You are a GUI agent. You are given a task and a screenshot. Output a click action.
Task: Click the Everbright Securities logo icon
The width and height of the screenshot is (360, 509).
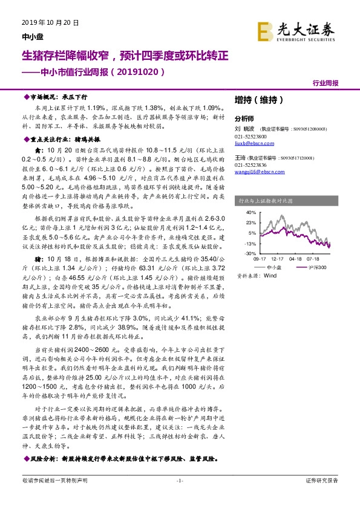coord(266,30)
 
